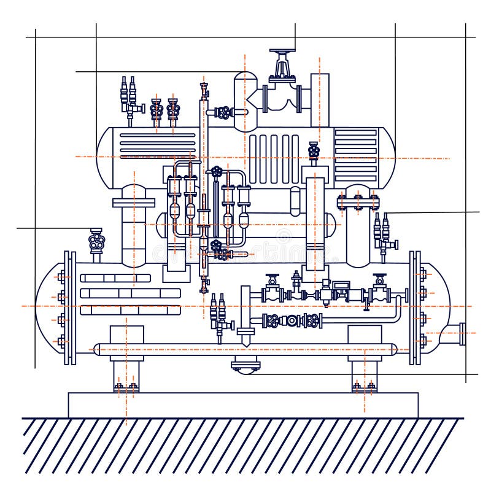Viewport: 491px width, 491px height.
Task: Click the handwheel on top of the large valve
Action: click(x=282, y=53)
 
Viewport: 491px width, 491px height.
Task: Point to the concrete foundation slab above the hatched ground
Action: click(x=243, y=405)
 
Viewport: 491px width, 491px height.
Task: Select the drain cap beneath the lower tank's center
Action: click(x=245, y=366)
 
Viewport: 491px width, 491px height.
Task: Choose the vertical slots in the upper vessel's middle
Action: click(x=274, y=158)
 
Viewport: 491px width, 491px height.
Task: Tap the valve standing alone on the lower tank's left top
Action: click(x=96, y=241)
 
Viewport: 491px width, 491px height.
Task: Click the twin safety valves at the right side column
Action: click(x=382, y=230)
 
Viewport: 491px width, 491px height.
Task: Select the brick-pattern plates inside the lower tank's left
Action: click(x=129, y=293)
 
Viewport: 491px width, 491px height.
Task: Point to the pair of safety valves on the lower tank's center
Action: click(x=218, y=312)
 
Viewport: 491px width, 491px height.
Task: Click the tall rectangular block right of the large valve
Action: click(x=320, y=98)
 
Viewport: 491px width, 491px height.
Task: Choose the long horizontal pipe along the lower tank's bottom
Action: click(x=245, y=349)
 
